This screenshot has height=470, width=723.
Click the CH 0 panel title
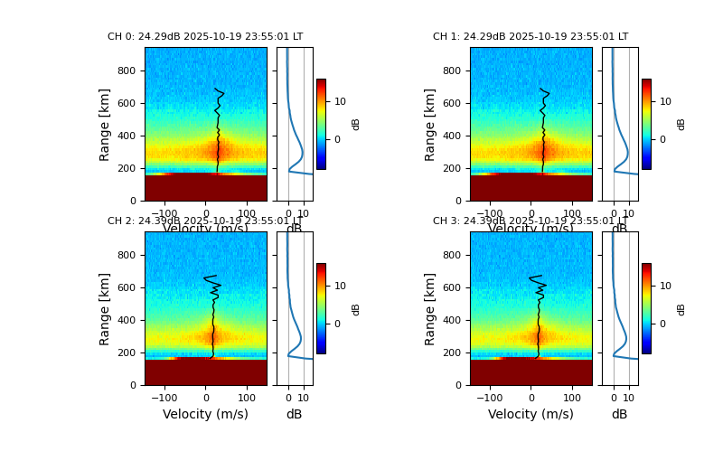tap(205, 37)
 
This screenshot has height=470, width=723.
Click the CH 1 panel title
tap(531, 37)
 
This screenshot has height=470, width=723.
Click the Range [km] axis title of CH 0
tap(105, 124)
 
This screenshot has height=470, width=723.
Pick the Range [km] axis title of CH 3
tap(430, 308)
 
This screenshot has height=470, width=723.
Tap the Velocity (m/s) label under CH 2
tap(205, 414)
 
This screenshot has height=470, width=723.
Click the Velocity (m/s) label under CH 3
tap(531, 414)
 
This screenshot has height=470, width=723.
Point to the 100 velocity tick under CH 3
tap(572, 397)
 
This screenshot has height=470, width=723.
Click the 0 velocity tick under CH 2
tap(205, 397)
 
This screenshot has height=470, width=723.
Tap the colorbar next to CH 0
tap(321, 124)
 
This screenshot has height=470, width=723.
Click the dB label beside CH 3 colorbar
tap(681, 308)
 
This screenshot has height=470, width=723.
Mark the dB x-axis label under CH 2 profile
tap(294, 414)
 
